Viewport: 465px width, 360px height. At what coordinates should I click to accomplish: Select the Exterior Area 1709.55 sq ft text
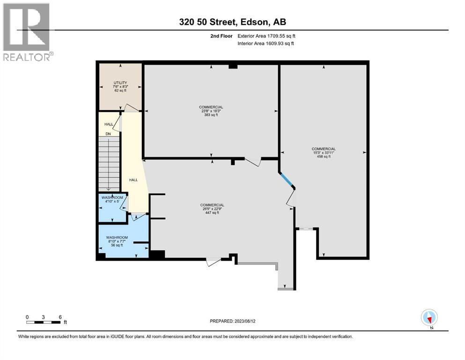point(266,36)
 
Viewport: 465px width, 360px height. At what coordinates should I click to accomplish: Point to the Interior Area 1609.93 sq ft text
point(266,44)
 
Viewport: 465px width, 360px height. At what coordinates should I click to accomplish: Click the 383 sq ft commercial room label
point(211,111)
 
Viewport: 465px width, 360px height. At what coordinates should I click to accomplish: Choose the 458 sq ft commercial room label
point(324,153)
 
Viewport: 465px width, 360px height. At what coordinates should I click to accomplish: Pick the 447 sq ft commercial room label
point(212,209)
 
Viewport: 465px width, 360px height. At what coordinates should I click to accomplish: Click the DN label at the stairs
point(108,134)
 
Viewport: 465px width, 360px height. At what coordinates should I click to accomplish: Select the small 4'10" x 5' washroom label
point(112,200)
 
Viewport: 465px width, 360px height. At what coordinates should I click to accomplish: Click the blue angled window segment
point(287,180)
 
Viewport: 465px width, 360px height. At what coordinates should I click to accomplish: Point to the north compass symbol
point(429,318)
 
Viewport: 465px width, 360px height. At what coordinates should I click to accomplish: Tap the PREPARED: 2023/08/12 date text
point(234,321)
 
